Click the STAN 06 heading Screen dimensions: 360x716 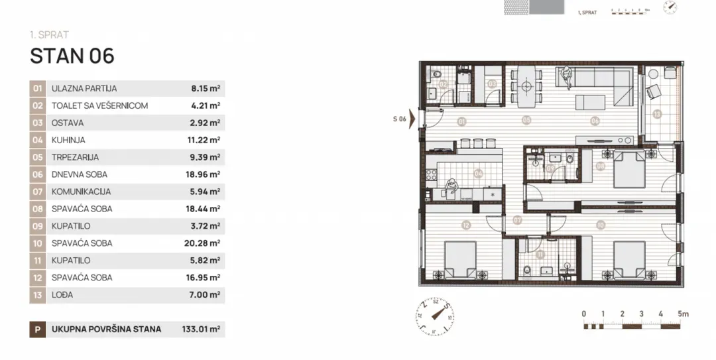coord(72,56)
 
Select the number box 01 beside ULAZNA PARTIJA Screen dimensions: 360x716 coord(38,88)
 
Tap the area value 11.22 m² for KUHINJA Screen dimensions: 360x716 coord(206,140)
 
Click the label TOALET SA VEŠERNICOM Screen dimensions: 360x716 coord(99,105)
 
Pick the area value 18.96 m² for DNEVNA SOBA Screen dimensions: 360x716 coord(206,174)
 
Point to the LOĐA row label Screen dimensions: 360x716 coord(61,295)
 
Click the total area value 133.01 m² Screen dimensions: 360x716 coord(201,329)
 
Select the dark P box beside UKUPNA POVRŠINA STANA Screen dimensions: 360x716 coord(38,329)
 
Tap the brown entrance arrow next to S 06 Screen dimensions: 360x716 coord(412,119)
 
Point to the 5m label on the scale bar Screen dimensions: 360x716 coord(684,314)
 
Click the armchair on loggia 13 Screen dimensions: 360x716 coord(653,91)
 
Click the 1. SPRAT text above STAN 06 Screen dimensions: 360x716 coord(49,34)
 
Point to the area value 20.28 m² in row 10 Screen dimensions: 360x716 coord(206,243)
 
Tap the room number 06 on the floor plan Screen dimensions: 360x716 coord(595,121)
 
